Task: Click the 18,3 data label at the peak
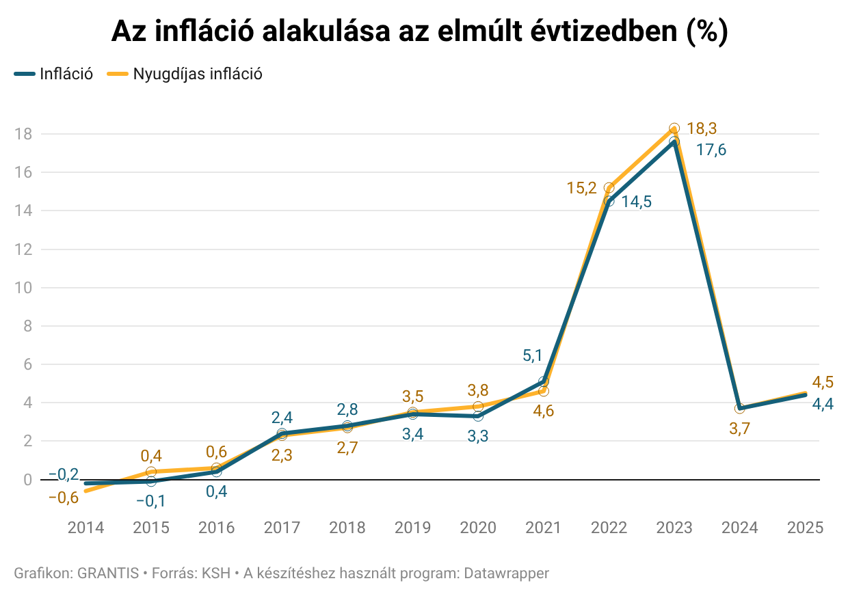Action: coord(702,128)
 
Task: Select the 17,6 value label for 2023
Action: coord(711,150)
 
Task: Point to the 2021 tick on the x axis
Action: coord(543,528)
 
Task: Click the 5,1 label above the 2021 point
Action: coord(533,355)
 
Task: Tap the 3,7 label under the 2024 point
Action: coord(740,430)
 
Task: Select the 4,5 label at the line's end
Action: coord(822,382)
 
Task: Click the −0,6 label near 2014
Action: coord(63,498)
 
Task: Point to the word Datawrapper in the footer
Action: coord(507,573)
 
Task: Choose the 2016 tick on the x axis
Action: coord(216,528)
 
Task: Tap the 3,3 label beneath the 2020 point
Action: coord(478,436)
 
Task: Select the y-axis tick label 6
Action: coord(28,365)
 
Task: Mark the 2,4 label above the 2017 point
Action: coord(282,417)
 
